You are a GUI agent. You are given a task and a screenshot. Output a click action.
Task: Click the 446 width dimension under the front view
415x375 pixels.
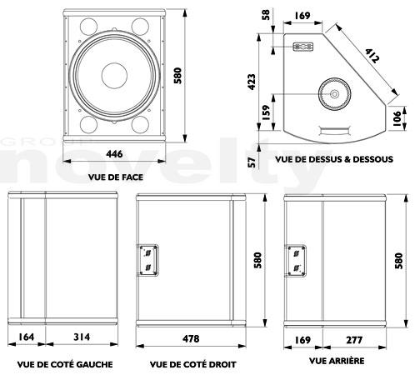pyautogui.click(x=114, y=154)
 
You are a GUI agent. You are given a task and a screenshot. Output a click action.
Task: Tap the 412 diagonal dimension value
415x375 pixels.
pyautogui.click(x=372, y=56)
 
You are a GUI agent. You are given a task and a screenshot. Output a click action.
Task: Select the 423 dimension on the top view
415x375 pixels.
pyautogui.click(x=252, y=82)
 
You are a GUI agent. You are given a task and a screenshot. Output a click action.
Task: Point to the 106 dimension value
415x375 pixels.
pyautogui.click(x=397, y=118)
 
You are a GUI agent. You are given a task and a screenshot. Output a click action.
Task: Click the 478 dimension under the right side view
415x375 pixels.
pyautogui.click(x=191, y=338)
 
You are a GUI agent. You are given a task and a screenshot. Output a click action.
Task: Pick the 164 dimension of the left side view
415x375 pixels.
pyautogui.click(x=26, y=337)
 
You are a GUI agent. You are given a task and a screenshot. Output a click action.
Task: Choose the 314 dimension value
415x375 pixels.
pyautogui.click(x=82, y=337)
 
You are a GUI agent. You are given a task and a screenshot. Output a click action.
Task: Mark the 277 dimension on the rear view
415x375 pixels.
pyautogui.click(x=354, y=340)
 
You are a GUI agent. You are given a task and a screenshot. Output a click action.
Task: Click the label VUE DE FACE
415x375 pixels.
pyautogui.click(x=116, y=177)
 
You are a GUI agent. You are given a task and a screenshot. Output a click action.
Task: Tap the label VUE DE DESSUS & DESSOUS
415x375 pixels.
pyautogui.click(x=334, y=159)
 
